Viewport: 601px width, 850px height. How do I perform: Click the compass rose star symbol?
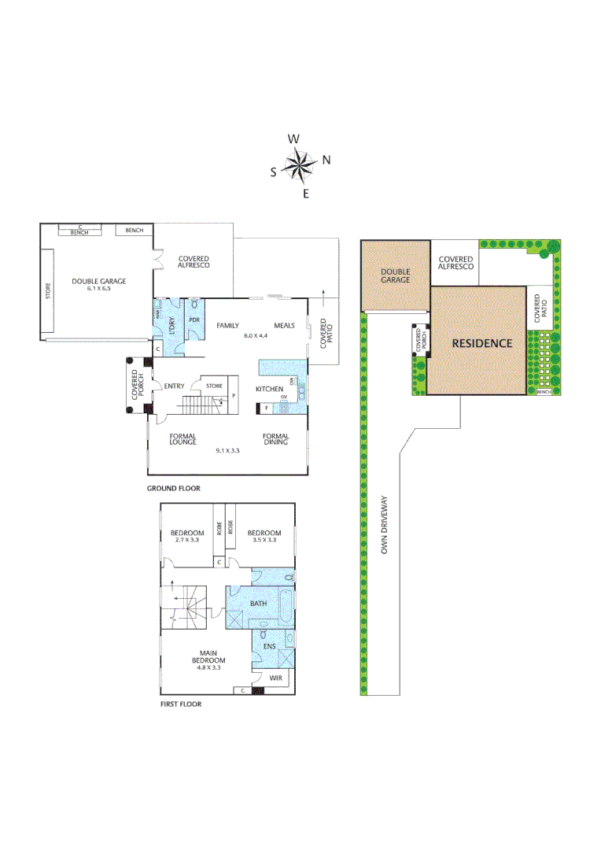point(299,165)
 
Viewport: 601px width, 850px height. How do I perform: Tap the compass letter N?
point(326,161)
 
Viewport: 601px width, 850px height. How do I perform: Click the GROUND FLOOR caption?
point(174,489)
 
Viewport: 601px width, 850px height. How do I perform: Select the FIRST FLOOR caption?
point(181,704)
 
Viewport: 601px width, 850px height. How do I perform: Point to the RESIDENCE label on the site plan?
point(481,343)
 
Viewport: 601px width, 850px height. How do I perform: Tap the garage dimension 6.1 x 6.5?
point(99,289)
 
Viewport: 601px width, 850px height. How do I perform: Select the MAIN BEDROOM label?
point(208,656)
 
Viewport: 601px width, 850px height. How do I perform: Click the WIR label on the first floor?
point(275,678)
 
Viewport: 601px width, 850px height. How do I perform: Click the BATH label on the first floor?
point(258,604)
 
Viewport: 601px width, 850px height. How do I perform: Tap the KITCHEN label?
point(270,390)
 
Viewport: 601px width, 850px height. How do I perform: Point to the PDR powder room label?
point(194,321)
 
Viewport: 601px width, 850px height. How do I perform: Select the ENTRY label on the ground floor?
point(174,386)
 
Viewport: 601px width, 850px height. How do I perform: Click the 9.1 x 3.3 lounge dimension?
point(228,450)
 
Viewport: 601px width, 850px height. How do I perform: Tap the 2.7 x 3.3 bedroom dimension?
point(187,541)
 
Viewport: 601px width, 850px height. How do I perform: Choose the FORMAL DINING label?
point(276,439)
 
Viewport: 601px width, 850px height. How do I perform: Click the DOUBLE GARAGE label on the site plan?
point(396,275)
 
